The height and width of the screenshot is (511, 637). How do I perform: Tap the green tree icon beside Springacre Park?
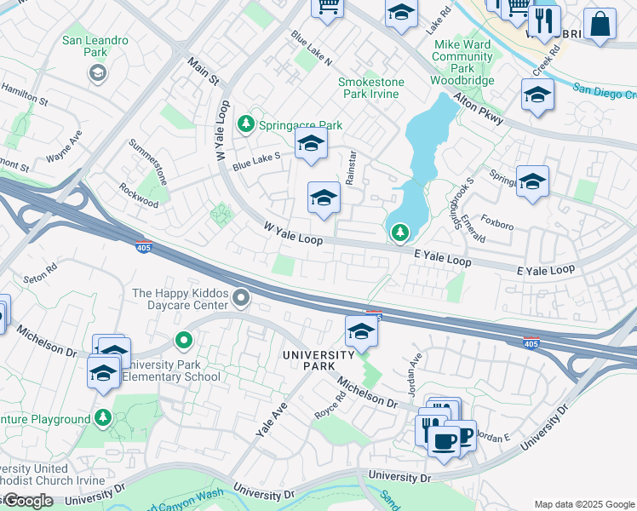click(x=246, y=125)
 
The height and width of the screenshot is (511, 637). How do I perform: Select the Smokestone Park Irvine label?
click(x=369, y=88)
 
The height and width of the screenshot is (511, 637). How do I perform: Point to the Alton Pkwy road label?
click(x=479, y=110)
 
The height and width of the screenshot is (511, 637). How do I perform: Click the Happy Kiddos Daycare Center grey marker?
click(x=242, y=298)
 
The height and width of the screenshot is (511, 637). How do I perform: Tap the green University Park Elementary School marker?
click(x=183, y=342)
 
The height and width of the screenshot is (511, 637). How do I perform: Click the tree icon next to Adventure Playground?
click(x=103, y=418)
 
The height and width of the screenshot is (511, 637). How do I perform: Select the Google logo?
click(x=27, y=500)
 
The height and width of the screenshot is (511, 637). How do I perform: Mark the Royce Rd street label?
click(x=330, y=401)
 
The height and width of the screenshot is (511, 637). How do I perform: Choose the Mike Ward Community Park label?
click(x=462, y=56)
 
